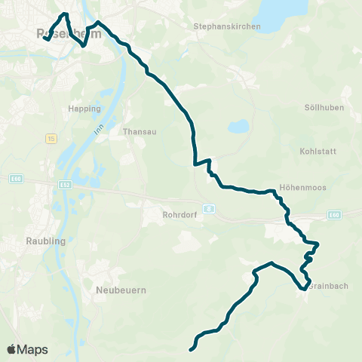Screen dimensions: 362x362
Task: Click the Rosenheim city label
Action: tap(60, 33)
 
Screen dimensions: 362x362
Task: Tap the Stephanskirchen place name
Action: tap(227, 26)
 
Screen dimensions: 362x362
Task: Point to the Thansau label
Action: tap(138, 130)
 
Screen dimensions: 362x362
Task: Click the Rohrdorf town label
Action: tap(179, 214)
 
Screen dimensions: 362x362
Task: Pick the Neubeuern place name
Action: tap(121, 290)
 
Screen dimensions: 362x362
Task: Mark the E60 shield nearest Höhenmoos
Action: tap(335, 214)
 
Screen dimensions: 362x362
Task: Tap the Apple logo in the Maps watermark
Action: tap(12, 349)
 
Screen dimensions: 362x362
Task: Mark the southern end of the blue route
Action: tap(191, 349)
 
